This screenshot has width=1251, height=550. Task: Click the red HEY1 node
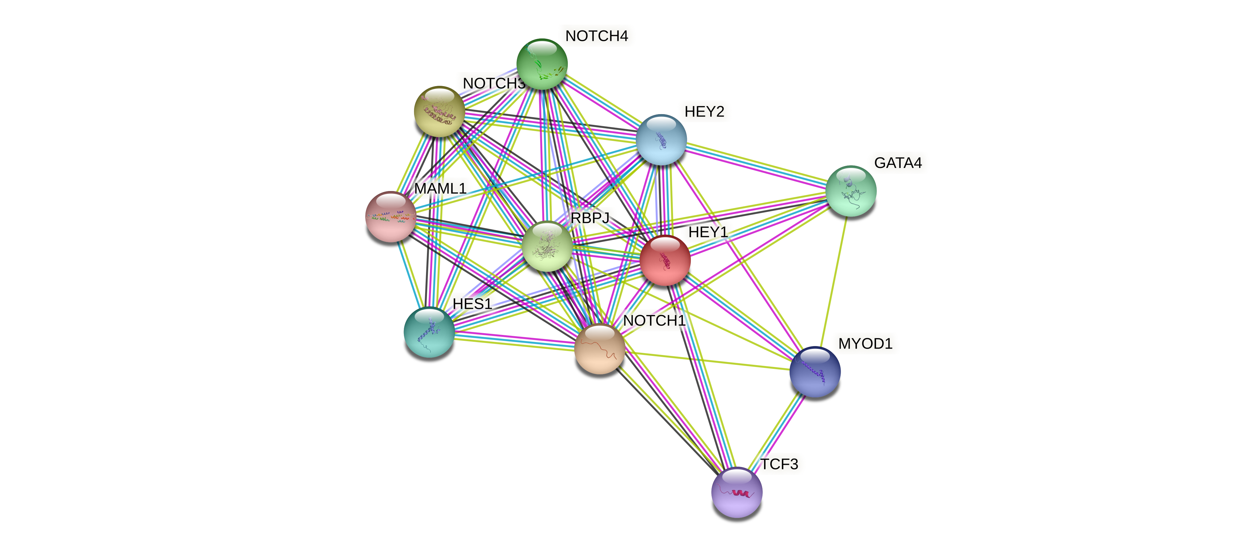665,260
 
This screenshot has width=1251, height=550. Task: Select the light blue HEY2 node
661,139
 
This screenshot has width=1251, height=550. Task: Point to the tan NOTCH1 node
599,349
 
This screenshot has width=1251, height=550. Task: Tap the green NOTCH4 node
541,64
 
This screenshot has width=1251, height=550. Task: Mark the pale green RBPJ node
547,246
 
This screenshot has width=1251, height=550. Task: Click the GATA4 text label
898,163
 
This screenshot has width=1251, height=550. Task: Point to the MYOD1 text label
865,344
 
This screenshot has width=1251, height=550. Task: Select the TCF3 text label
779,464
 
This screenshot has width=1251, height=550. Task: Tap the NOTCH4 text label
596,36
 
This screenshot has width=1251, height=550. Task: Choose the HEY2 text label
704,112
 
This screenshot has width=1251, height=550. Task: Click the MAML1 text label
440,188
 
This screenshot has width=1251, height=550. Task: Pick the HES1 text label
472,304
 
